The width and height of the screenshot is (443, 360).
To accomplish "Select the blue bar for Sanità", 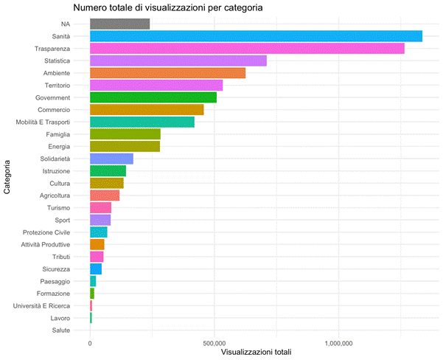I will pos(255,36).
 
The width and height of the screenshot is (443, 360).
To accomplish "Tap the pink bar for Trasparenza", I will pos(246,48).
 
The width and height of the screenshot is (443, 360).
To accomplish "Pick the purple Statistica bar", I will pos(178,60).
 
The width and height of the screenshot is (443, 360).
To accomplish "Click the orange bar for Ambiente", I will pos(167,73).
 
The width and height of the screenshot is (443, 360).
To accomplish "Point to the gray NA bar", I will pos(119,24).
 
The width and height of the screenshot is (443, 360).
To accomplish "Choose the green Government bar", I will pos(153,97).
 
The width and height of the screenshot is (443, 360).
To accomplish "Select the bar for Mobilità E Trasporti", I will pos(142,122).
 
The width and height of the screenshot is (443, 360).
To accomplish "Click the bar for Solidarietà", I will pos(111,159).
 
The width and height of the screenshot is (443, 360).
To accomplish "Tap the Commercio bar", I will pos(147,109).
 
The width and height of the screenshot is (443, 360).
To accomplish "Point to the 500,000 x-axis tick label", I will pos(214,343).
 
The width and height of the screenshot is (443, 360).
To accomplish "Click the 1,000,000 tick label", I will pos(338,343).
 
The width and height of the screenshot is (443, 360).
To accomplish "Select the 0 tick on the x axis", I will pos(90,343).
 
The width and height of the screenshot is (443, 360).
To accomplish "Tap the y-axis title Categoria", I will pos(7,177).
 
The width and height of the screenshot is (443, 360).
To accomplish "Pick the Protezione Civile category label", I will pos(46,232).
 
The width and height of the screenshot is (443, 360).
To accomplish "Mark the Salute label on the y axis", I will pos(61,330).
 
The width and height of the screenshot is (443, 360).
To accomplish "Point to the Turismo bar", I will pos(100,207).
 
